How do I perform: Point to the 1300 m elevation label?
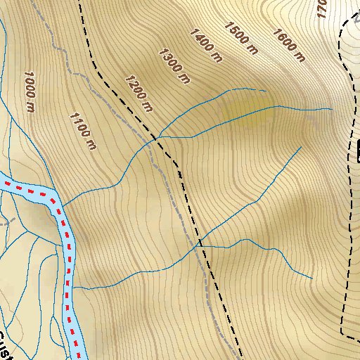(175, 66)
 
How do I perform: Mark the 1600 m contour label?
(288, 44)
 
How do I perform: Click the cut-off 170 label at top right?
(321, 8)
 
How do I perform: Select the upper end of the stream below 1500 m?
(265, 91)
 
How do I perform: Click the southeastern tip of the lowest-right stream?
(311, 278)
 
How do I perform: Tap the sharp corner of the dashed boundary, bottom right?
(341, 331)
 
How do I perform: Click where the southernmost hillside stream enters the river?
(75, 289)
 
